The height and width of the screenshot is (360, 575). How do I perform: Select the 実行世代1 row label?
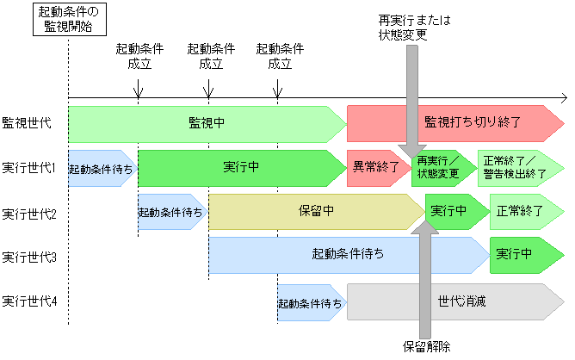[x=28, y=167]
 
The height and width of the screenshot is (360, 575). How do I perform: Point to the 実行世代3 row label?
[x=28, y=256]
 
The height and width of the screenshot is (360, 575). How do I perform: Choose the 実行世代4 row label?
[x=28, y=301]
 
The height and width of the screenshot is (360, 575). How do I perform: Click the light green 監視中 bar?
[x=207, y=123]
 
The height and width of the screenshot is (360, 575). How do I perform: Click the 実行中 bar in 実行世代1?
[x=241, y=167]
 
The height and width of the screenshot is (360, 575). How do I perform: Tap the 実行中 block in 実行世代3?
[x=521, y=255]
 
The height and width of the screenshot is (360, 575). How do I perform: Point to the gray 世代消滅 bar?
[x=454, y=301]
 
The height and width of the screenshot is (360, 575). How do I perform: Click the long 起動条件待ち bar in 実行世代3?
[x=349, y=255]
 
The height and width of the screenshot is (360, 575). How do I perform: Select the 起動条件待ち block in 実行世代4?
[x=311, y=302]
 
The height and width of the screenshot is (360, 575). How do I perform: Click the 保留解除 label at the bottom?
[x=426, y=347]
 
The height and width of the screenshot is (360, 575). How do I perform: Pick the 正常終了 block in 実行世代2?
[x=525, y=211]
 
